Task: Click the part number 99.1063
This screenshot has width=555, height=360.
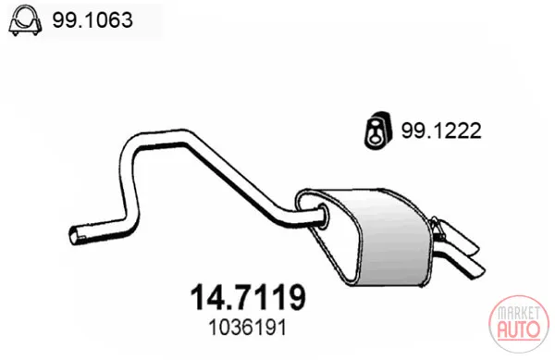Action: [x=92, y=19]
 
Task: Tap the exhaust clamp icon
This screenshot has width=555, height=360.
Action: [x=25, y=20]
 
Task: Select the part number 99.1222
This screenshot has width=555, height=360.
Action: [x=441, y=130]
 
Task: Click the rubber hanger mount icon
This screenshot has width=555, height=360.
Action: [x=377, y=130]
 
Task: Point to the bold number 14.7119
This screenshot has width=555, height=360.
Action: [x=248, y=297]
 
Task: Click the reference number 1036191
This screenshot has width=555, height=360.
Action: [x=247, y=328]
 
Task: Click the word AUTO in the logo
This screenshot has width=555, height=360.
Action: [x=519, y=329]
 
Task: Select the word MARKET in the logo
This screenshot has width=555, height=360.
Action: [x=519, y=313]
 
